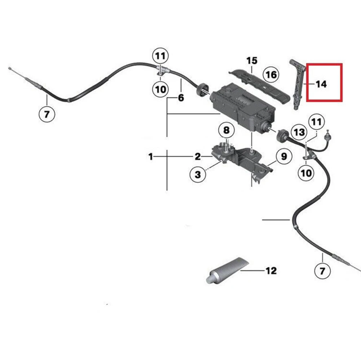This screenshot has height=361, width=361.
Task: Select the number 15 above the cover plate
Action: coord(252,60)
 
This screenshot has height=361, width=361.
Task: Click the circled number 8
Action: coord(226,129)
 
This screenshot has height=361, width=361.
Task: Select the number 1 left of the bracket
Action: coord(151,157)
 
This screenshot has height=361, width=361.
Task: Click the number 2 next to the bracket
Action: coord(198,157)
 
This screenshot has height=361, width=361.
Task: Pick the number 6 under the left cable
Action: coord(181,98)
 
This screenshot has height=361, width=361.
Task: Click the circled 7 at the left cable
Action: coord(47,115)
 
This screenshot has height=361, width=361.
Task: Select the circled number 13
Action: coord(299,132)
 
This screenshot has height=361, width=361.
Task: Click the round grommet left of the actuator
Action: coord(202,89)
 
